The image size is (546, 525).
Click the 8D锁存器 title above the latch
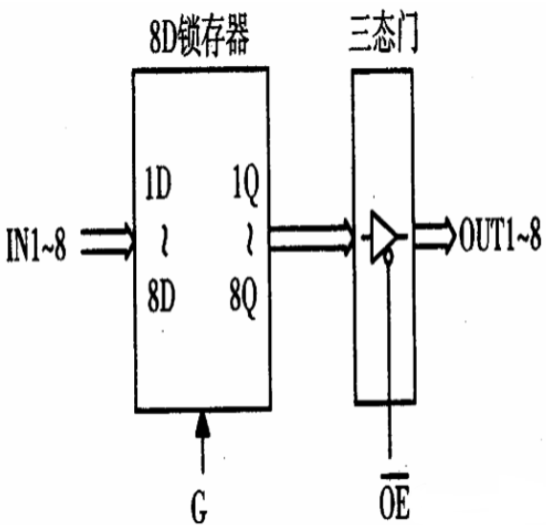coord(199,35)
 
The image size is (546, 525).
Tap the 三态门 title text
coord(383,34)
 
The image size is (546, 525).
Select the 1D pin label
coord(158,183)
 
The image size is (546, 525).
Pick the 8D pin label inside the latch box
coord(161,296)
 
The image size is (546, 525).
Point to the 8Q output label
coord(243,298)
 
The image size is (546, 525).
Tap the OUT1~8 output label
coord(500,234)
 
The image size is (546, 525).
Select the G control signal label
coord(199,506)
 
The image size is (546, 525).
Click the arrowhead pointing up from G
coord(203,424)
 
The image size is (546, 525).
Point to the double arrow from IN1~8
coord(107,241)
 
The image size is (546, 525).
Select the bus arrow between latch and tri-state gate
coord(312,238)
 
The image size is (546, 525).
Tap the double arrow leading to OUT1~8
coord(435,234)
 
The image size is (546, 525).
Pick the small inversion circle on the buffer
coord(388,257)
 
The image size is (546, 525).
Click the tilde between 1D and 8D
coord(164,240)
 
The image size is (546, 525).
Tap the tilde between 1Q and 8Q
coord(249,240)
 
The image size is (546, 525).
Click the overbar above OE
coord(395,474)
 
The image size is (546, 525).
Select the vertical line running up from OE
coord(389,360)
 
